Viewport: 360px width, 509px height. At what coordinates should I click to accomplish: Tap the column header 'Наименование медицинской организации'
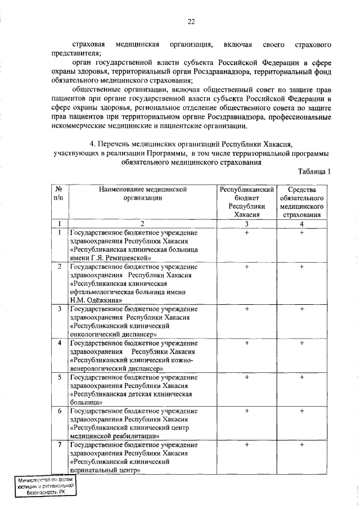142,194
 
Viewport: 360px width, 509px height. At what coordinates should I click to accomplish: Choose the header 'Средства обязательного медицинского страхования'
302,202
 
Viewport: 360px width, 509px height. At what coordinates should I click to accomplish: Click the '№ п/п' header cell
58,194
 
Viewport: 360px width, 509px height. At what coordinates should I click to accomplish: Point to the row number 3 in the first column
59,309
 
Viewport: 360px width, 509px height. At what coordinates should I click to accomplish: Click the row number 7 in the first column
59,445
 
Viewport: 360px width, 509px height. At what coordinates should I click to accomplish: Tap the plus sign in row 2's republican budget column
246,267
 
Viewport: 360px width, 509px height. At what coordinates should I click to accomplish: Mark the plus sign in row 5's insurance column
302,377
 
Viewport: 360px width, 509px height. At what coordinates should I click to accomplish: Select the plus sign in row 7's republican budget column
246,445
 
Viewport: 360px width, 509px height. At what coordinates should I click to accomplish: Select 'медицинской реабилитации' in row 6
110,436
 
